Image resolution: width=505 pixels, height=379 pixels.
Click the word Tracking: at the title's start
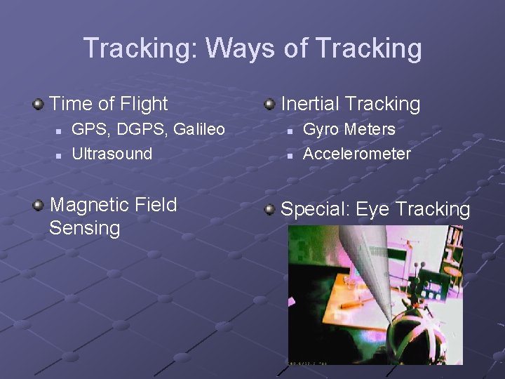(x=141, y=49)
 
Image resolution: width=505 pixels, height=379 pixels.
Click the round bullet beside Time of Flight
(x=38, y=105)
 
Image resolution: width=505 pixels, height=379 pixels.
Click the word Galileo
(x=198, y=130)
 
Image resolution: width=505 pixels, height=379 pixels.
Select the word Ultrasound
(x=112, y=154)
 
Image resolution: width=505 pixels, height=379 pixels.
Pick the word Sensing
(x=85, y=228)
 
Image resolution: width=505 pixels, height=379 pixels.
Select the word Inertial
(x=313, y=104)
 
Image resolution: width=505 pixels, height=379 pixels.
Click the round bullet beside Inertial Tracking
(x=269, y=105)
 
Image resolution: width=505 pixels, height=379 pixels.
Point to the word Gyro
(x=321, y=130)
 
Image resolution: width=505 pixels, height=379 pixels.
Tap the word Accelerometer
(x=357, y=154)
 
